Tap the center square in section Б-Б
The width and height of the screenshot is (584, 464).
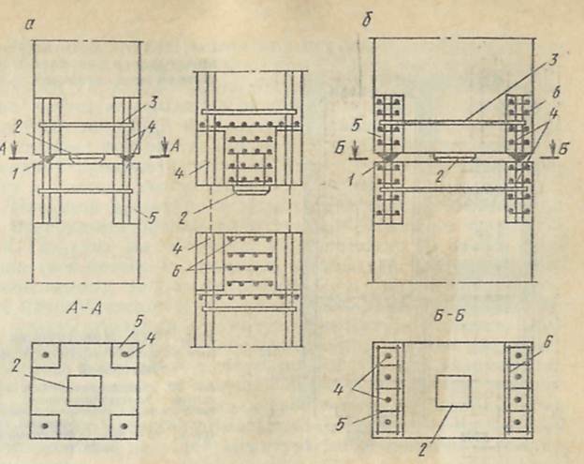coord(453,389)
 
